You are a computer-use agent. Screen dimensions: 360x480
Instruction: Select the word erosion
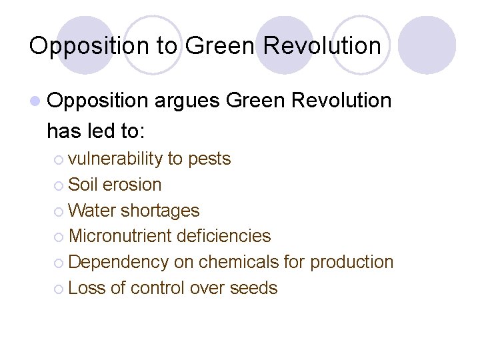pos(132,185)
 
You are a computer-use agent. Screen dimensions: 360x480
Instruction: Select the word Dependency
pos(118,262)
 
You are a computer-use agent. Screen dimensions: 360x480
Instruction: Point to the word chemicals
pos(237,262)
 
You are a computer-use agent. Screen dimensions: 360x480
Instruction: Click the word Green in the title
pos(219,45)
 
